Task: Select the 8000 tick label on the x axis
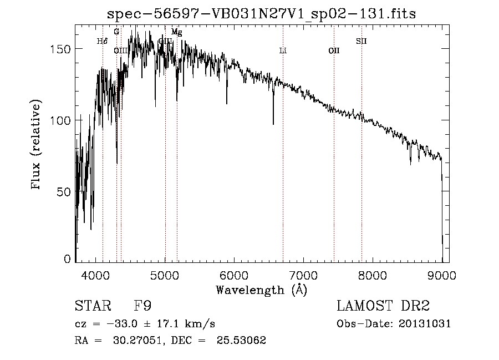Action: [373, 275]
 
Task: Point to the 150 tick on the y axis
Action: [62, 49]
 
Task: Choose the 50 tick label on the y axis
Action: [64, 192]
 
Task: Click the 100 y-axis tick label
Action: [62, 120]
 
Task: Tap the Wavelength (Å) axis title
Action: [261, 290]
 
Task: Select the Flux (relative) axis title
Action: [37, 145]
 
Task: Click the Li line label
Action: [283, 50]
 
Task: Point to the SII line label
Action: [361, 41]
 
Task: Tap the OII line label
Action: [334, 50]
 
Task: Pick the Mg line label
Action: [176, 32]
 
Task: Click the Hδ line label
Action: [102, 41]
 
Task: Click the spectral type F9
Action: [142, 306]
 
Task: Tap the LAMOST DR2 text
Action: [383, 306]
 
